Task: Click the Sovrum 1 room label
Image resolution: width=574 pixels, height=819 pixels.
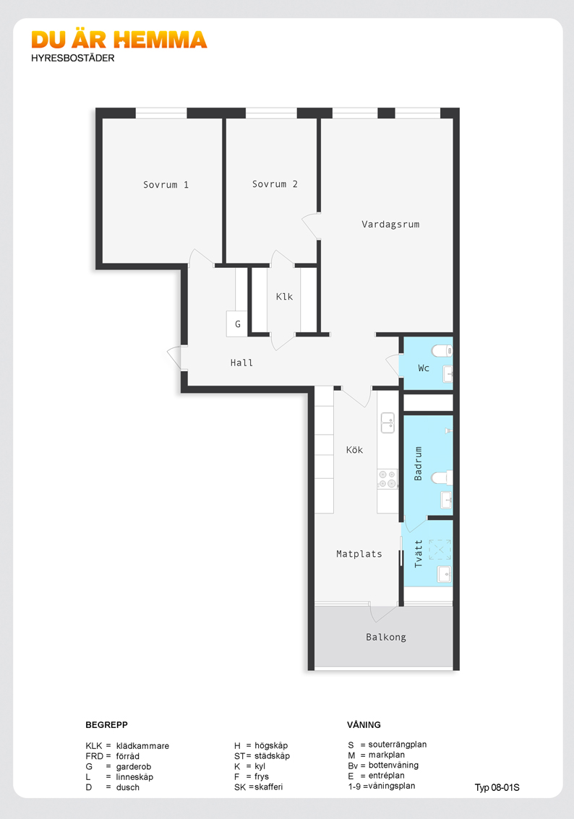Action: (166, 185)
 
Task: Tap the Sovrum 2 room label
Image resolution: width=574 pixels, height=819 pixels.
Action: (275, 184)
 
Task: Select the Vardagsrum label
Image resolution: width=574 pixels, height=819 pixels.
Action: (390, 224)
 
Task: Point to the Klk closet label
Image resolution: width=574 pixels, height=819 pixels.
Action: (284, 296)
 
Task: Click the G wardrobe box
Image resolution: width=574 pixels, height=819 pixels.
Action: (237, 324)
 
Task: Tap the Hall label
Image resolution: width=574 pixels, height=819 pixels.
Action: (241, 363)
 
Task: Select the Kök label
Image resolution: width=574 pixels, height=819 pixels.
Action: (354, 450)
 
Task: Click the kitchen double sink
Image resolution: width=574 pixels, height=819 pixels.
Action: (388, 422)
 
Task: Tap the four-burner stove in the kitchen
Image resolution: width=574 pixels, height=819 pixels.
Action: (387, 478)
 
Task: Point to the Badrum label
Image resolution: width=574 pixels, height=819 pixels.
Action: (419, 464)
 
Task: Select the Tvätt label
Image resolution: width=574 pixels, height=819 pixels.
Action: (419, 553)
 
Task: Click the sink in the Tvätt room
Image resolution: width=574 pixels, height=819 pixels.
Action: (443, 573)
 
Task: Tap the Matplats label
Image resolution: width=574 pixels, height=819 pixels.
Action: (359, 554)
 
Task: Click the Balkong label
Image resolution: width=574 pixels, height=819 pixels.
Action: (386, 637)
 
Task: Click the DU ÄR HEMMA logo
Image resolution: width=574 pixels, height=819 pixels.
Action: (119, 40)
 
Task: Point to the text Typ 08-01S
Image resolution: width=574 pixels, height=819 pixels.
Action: (497, 787)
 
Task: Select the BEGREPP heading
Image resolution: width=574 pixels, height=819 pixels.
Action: (106, 724)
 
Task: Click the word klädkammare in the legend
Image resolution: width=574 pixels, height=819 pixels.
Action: (142, 745)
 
